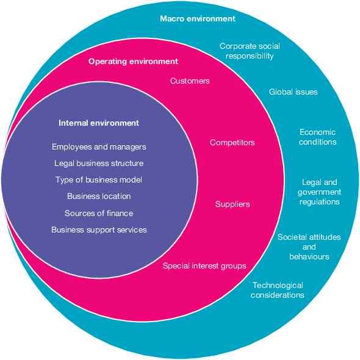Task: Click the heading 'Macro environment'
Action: pyautogui.click(x=197, y=19)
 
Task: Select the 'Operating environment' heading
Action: pyautogui.click(x=133, y=62)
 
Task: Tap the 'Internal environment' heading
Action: pyautogui.click(x=99, y=123)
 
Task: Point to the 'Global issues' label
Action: pyautogui.click(x=293, y=92)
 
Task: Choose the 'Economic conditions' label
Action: pyautogui.click(x=317, y=137)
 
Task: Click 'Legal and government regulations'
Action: pyautogui.click(x=319, y=192)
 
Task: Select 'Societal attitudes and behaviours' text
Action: pyautogui.click(x=309, y=247)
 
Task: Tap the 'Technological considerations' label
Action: pyautogui.click(x=278, y=290)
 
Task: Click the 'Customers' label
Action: pyautogui.click(x=190, y=81)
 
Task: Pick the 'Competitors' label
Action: pyautogui.click(x=232, y=143)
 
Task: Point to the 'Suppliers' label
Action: pyautogui.click(x=232, y=204)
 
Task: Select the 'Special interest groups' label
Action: pyautogui.click(x=204, y=266)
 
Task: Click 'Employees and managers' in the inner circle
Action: pyautogui.click(x=99, y=147)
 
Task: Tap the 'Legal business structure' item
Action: pyautogui.click(x=99, y=164)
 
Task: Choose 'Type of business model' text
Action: pyautogui.click(x=99, y=180)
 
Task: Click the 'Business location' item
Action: pyautogui.click(x=99, y=196)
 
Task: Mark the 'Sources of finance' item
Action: pyautogui.click(x=99, y=214)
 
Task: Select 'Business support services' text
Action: pyautogui.click(x=99, y=230)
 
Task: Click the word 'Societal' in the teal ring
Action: pyautogui.click(x=293, y=237)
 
